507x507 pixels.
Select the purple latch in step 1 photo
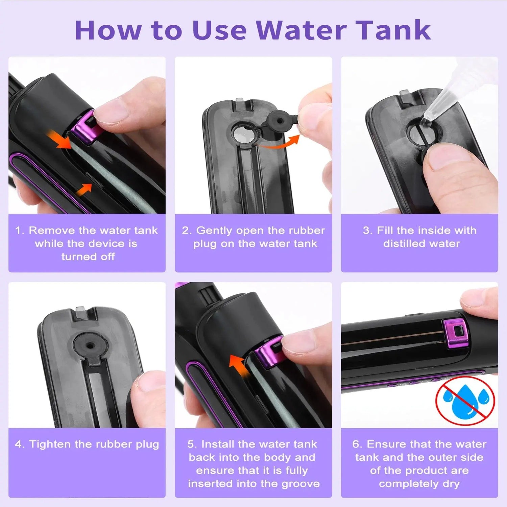pos(83,127)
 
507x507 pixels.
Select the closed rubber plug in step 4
pos(90,346)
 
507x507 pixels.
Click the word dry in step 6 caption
pos(451,484)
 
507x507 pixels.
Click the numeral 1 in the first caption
pos(19,231)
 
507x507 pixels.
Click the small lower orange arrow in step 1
pos(83,189)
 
